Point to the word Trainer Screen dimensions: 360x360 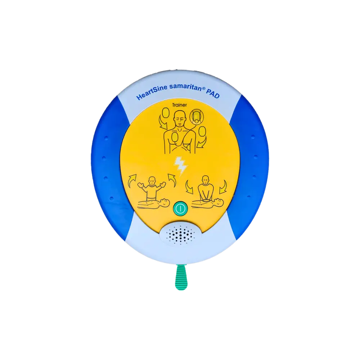(x=180, y=105)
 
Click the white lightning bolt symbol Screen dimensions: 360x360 (x=181, y=166)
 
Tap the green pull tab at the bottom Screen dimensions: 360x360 (x=181, y=277)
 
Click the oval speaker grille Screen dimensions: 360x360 (x=180, y=235)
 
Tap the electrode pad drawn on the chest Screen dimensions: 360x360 (x=175, y=138)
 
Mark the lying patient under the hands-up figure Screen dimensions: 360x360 (x=153, y=203)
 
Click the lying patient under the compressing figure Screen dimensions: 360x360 (x=207, y=203)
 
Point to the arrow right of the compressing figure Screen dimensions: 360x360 (x=223, y=187)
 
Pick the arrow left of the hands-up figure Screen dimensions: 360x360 (x=131, y=181)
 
